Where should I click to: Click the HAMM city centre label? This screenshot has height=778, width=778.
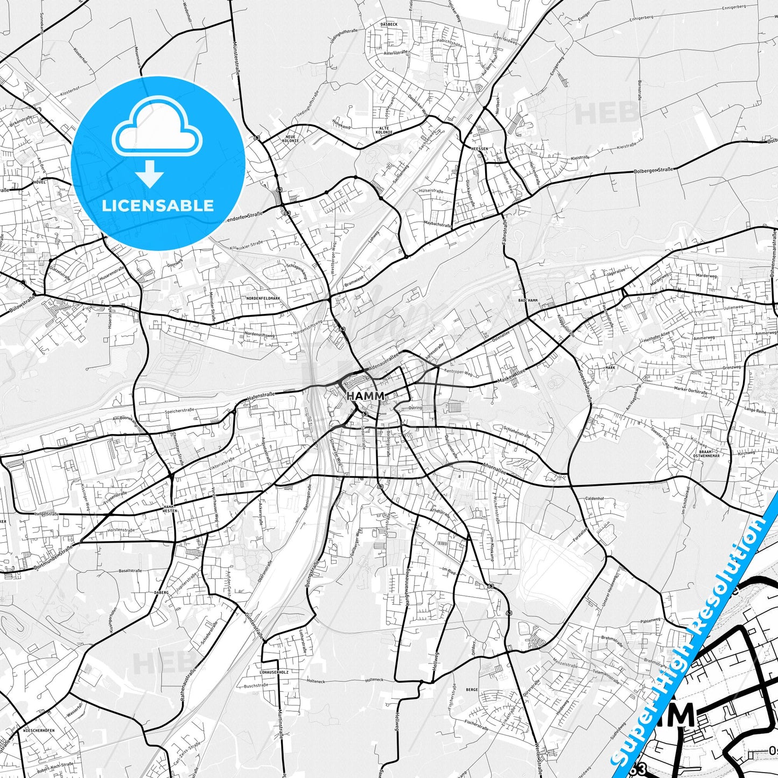tap(366, 396)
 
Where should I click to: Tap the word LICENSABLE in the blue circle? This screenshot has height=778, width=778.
tap(158, 205)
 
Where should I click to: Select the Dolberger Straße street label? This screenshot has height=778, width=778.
tap(654, 171)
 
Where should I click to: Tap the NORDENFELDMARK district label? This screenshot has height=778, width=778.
tap(263, 298)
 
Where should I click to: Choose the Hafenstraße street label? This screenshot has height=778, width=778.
tap(261, 396)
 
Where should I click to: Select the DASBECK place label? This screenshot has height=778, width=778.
tap(388, 24)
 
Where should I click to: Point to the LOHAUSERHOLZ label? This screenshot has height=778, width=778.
tap(274, 672)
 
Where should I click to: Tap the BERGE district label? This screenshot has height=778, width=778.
tap(472, 689)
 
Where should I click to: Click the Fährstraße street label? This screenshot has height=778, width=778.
tap(505, 232)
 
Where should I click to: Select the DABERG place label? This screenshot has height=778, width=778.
tap(162, 592)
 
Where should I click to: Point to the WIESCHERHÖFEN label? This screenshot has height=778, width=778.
tap(39, 731)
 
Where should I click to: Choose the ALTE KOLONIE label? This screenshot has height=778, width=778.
tap(384, 130)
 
